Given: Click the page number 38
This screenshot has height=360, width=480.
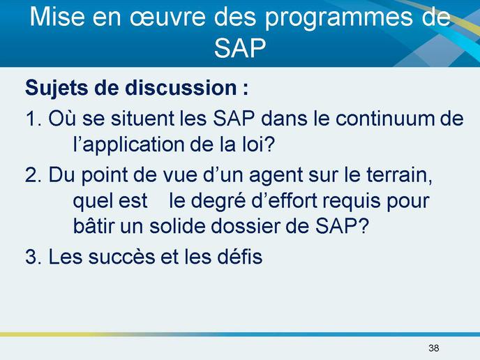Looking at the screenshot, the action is (434, 347).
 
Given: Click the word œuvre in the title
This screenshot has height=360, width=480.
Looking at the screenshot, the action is (168, 17).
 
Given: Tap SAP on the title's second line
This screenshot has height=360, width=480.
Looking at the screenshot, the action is (240, 48).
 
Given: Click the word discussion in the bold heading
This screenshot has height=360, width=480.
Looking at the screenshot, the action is (181, 88).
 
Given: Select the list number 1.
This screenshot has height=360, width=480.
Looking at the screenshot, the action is (33, 119).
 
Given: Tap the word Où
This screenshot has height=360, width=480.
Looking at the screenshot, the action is (62, 118).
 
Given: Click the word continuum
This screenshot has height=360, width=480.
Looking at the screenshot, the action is (385, 119).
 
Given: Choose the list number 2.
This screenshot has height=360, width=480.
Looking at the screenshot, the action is (33, 175).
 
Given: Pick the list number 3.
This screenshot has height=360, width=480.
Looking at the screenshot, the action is (33, 257).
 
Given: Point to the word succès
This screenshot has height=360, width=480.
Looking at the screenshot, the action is (121, 256).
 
